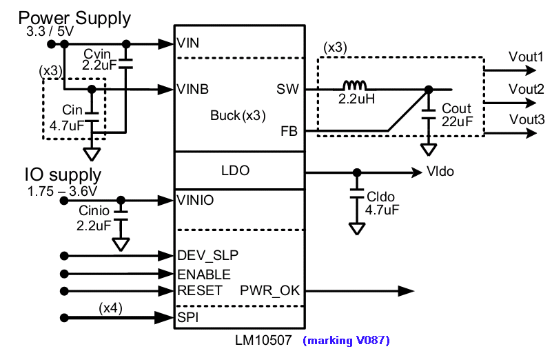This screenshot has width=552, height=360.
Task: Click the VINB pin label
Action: [x=192, y=89]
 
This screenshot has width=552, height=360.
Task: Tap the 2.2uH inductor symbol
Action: [x=354, y=86]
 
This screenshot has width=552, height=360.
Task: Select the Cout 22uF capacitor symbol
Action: [x=429, y=114]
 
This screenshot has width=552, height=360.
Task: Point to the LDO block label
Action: [x=236, y=170]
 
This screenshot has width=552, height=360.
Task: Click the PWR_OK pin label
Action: [x=269, y=290]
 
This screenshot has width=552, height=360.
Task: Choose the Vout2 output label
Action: [x=526, y=89]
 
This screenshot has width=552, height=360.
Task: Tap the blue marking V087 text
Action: [x=346, y=340]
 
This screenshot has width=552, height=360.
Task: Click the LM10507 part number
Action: [x=263, y=340]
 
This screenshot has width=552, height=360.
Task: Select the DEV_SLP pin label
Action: [x=207, y=255]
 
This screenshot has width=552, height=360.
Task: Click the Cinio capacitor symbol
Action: [x=121, y=215]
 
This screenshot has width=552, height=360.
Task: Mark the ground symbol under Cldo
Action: [x=356, y=228]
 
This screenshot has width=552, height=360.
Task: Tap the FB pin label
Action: [x=289, y=132]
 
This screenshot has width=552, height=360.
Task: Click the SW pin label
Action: [x=287, y=89]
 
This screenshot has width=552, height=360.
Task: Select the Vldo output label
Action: [x=440, y=172]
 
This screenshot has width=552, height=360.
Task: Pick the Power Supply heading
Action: [x=74, y=18]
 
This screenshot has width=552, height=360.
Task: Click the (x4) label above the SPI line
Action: [x=110, y=308]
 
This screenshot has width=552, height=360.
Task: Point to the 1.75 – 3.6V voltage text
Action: [x=62, y=191]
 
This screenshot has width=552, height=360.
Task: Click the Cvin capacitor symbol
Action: [x=125, y=63]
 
